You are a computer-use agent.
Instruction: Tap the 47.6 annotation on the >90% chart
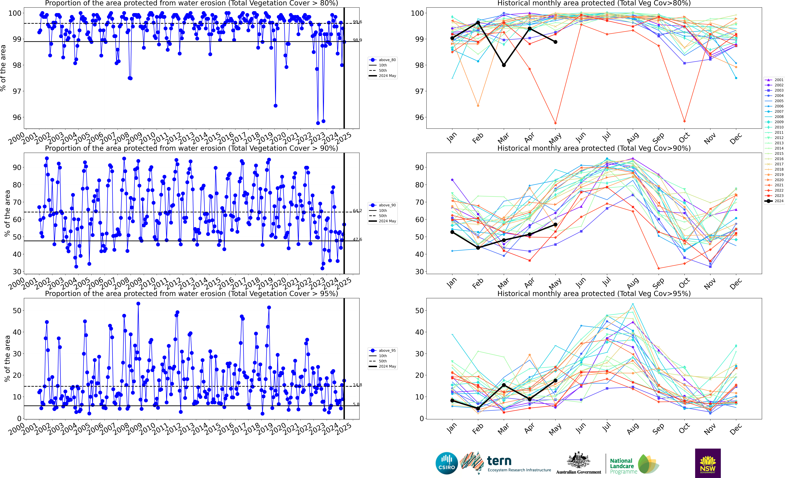coord(357,239)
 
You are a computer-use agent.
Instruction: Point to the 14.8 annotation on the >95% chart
coord(357,385)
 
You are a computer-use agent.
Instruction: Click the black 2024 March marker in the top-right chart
coord(504,65)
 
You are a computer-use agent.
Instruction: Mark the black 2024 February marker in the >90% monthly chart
coord(478,248)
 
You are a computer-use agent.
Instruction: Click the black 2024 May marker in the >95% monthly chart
coord(555,380)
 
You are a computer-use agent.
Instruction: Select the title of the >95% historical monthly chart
coord(594,294)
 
